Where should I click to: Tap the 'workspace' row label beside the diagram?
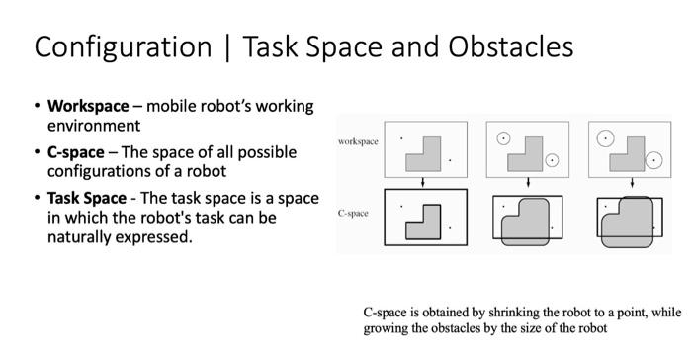tap(358, 141)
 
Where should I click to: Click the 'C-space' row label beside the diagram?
tap(354, 213)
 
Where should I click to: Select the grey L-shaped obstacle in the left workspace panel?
tap(426, 151)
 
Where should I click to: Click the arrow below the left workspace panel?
tap(423, 180)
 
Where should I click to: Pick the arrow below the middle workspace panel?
tap(528, 180)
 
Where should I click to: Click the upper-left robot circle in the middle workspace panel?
tap(504, 138)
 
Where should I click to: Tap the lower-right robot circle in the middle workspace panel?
tap(552, 160)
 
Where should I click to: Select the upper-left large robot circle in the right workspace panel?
tap(604, 137)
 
